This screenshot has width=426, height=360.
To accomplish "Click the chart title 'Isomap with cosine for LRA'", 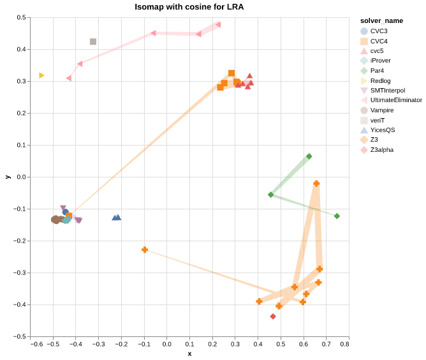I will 189,7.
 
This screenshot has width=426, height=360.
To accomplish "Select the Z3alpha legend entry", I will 381,150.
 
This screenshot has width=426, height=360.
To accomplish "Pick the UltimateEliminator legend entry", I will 395,100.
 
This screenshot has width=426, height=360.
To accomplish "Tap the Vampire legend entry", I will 381,110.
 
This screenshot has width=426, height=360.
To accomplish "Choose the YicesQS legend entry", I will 382,130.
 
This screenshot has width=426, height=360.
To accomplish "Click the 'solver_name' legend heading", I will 381,20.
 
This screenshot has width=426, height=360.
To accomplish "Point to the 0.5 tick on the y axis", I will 21,17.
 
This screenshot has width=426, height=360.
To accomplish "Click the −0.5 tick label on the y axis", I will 20,336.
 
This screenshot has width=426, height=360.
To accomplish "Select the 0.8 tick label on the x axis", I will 344,345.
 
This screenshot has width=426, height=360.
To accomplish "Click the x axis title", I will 189,354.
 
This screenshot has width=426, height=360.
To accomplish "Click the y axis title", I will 8,177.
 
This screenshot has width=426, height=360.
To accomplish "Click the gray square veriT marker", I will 93,41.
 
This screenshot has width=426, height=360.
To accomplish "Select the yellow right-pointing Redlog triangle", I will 42,75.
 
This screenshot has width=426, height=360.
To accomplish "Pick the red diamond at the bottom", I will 273,316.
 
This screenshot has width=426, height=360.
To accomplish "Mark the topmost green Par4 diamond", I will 309,156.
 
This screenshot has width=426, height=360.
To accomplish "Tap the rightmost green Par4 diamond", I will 337,216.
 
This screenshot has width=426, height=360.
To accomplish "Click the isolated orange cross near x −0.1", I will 145,250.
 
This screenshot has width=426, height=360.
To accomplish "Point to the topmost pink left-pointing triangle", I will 218,25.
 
